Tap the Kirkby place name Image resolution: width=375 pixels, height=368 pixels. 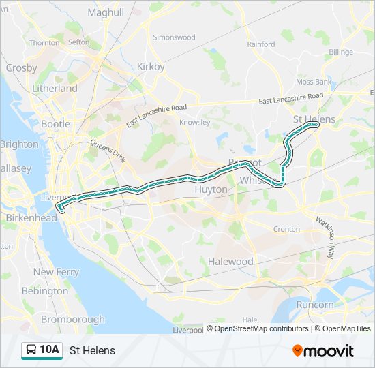coord(151,67)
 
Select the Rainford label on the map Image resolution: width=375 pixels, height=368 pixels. coord(261,44)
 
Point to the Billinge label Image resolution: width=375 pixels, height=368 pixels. coord(341,52)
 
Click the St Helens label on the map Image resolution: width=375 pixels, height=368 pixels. coord(314,119)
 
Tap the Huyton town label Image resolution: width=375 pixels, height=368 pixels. coord(211,189)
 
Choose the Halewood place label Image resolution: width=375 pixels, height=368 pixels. coord(230,262)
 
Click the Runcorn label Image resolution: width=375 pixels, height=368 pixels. coord(315,305)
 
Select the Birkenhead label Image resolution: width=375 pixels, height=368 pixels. coord(31,218)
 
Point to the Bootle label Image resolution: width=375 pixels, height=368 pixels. coord(55,124)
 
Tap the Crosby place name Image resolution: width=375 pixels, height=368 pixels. coord(21,67)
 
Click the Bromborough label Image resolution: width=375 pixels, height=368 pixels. coord(72,319)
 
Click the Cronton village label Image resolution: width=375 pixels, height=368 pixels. coord(286,229)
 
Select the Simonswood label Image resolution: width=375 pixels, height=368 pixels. coord(174,37)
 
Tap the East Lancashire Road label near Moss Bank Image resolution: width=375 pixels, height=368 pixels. coord(289,100)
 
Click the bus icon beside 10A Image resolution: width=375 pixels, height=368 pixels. coord(31,350)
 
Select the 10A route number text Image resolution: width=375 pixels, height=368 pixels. coord(50,350)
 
